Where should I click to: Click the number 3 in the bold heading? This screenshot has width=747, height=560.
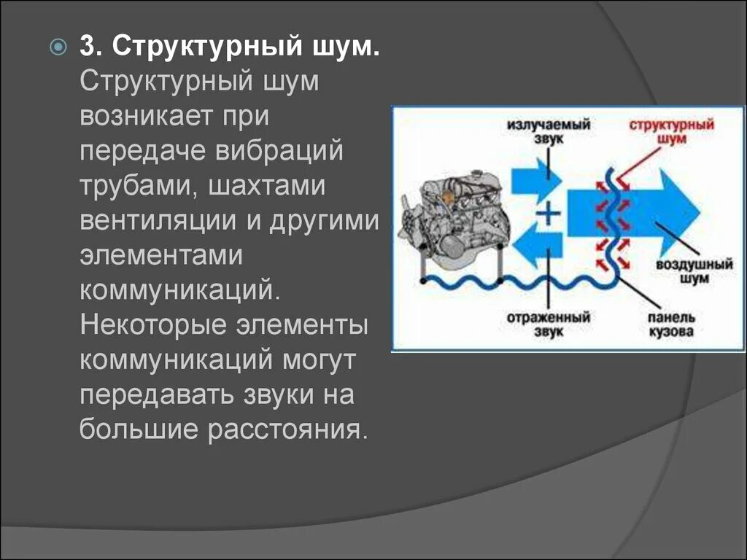(89, 47)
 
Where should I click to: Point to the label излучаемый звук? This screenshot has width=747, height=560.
(549, 131)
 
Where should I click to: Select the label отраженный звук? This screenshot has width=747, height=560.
(549, 325)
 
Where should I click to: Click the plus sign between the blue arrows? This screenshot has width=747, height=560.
(549, 213)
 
